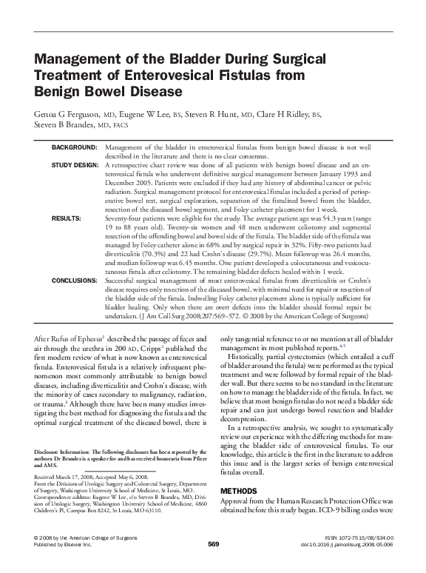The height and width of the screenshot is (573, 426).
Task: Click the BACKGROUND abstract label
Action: point(75,149)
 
